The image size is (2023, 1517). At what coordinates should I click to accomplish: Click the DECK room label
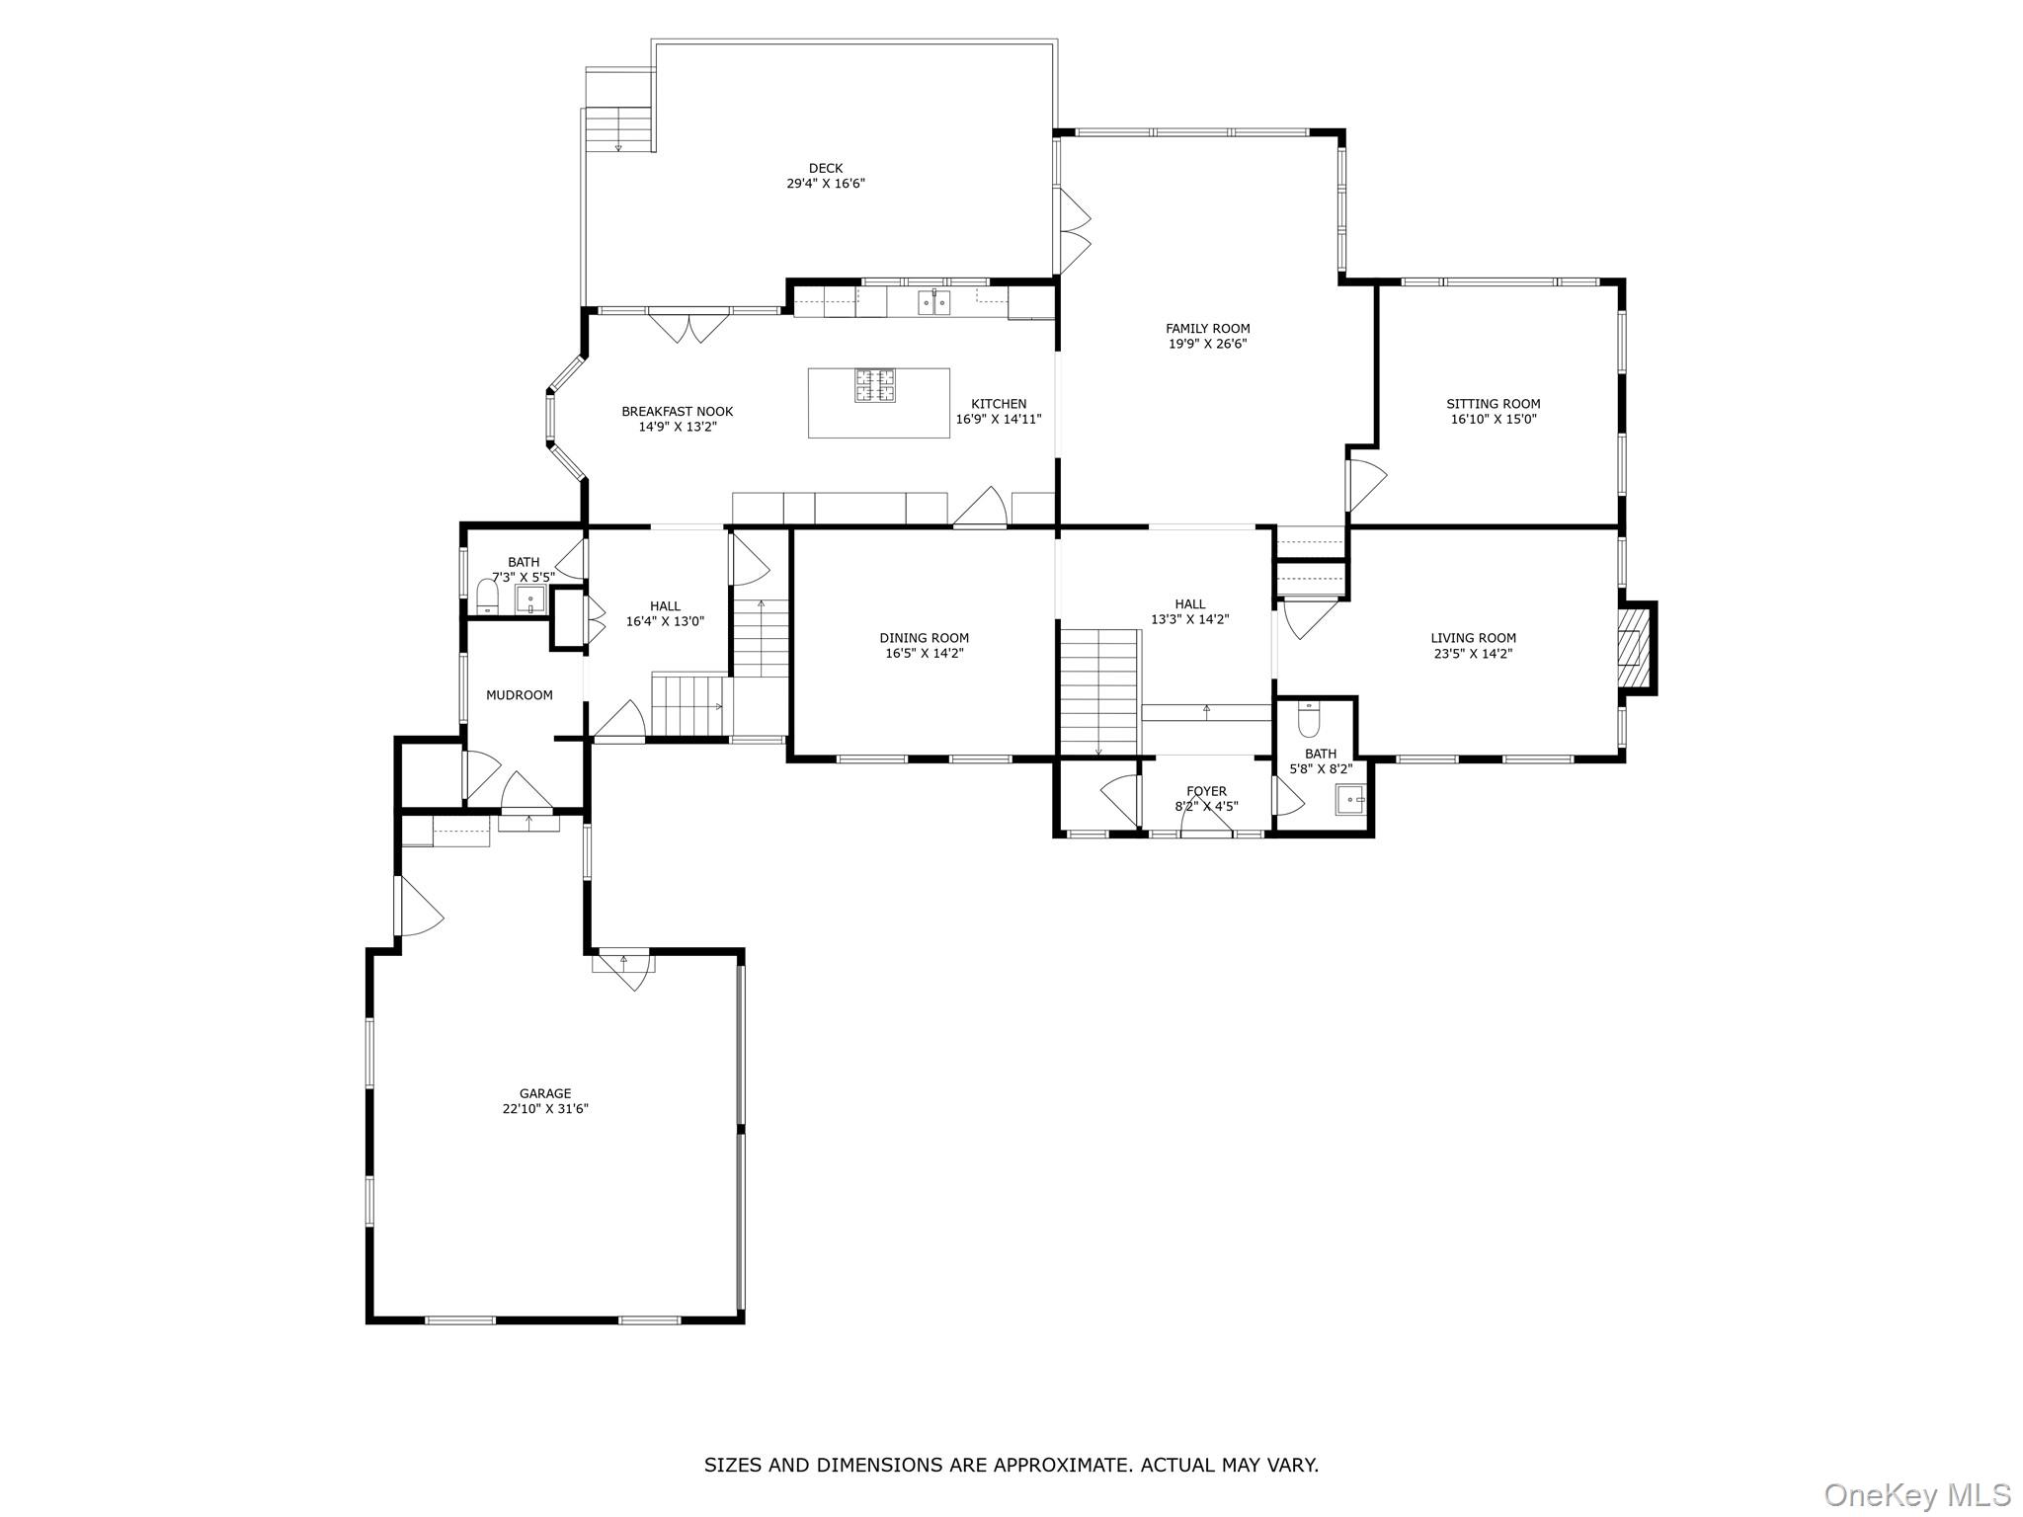(x=825, y=168)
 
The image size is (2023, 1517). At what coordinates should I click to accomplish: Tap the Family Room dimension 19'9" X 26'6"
(x=1207, y=344)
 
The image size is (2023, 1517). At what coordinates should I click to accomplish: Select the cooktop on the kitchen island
(x=875, y=385)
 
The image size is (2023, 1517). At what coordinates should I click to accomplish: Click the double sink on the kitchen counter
(x=933, y=302)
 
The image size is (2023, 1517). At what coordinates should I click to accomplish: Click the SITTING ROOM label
(x=1493, y=403)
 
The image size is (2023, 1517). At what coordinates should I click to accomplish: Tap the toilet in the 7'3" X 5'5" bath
(x=487, y=597)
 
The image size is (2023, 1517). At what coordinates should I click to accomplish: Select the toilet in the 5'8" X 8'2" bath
(x=1309, y=721)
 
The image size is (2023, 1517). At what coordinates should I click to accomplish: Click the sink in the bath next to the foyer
(x=1349, y=799)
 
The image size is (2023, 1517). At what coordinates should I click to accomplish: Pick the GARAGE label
(x=545, y=1093)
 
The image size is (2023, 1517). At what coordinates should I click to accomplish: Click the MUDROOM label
(x=519, y=695)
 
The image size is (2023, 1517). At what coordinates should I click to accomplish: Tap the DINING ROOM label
(x=924, y=638)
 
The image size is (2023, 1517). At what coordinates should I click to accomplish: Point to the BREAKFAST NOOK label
(x=677, y=412)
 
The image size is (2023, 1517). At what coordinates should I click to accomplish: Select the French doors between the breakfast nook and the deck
(x=688, y=326)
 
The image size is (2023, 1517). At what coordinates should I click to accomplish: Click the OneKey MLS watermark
(x=1916, y=1494)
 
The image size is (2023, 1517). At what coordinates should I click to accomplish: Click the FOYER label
(x=1206, y=791)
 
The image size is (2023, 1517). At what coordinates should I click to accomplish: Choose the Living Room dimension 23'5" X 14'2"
(x=1473, y=653)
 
